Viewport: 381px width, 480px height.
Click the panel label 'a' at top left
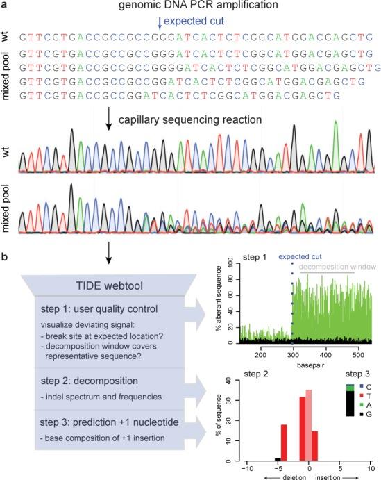[x=6, y=6]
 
